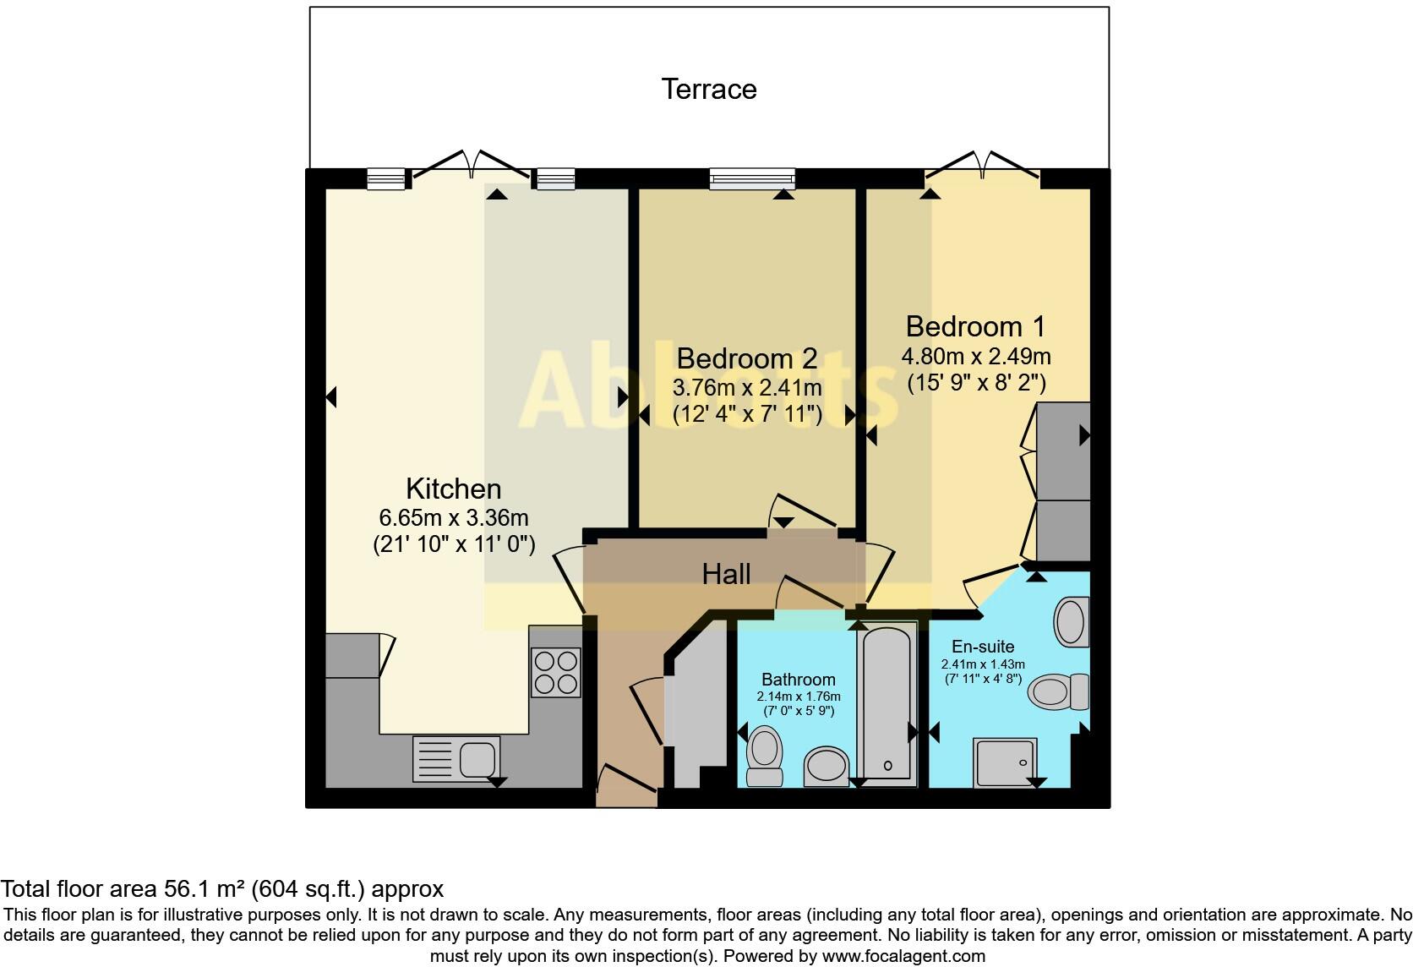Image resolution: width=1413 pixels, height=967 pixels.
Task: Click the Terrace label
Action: (708, 89)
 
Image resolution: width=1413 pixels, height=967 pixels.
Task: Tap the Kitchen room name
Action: (454, 489)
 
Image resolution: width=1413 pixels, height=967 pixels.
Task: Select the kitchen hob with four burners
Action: (556, 672)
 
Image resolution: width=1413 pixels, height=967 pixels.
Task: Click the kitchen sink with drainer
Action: (456, 757)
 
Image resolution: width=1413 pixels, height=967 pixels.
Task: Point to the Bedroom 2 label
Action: (747, 358)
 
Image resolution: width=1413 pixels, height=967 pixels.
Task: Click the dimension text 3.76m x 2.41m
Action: (747, 387)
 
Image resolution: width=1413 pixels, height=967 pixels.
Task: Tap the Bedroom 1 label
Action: (975, 326)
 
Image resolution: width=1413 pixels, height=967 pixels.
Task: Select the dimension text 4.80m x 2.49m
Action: (976, 356)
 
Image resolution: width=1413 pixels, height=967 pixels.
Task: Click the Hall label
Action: (726, 575)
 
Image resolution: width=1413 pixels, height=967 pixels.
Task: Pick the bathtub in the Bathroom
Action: (887, 704)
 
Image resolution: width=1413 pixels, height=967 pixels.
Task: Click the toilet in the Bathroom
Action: (766, 757)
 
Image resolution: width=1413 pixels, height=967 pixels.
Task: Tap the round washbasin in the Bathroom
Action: (825, 766)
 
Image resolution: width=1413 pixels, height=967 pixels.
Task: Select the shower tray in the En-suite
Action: (1005, 762)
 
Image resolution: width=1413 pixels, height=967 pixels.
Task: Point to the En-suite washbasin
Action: (1071, 621)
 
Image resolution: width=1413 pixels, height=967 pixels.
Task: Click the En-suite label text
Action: (983, 647)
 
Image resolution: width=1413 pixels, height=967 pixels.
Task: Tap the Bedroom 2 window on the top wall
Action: (752, 177)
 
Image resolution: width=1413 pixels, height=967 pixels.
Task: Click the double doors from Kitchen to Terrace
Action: (472, 166)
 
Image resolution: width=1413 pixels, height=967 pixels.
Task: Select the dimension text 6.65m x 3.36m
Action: (454, 517)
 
